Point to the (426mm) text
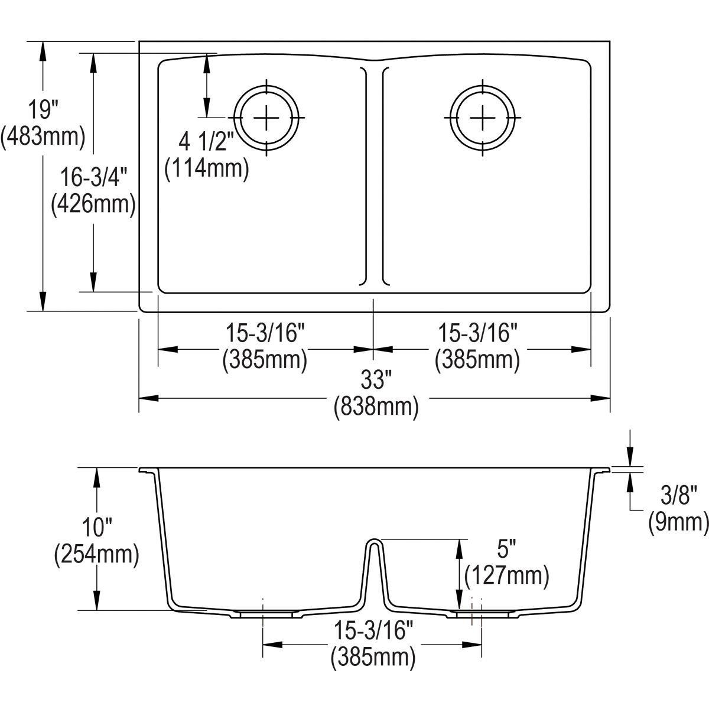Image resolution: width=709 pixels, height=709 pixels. click(x=93, y=204)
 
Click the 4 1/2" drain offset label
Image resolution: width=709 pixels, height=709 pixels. click(x=207, y=142)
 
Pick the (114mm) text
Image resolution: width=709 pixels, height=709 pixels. click(x=207, y=168)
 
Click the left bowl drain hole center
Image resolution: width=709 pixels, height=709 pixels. click(x=266, y=118)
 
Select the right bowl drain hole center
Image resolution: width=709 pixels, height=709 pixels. click(x=483, y=118)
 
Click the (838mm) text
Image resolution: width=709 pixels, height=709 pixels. click(x=376, y=407)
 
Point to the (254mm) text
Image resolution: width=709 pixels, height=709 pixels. click(x=96, y=555)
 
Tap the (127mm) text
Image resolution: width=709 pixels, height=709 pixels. click(x=506, y=576)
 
